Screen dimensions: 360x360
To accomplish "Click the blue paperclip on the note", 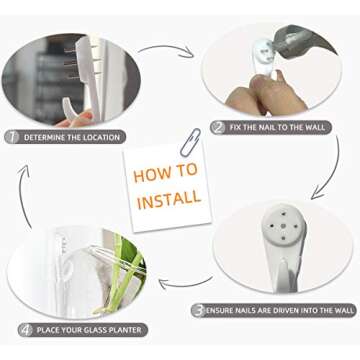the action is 190,142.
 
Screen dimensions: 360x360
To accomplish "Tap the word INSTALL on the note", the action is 169,200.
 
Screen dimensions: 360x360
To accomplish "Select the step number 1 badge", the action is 12,137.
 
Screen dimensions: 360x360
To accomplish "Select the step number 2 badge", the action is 219,128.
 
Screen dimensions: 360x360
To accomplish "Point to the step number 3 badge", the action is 199,311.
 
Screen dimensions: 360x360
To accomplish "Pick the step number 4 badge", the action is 26,330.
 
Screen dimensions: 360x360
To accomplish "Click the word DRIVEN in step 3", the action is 283,311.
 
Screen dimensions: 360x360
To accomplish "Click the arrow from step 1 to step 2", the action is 168,47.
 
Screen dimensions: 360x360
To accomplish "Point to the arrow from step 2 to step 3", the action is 333,170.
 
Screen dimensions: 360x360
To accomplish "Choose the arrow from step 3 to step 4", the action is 187,284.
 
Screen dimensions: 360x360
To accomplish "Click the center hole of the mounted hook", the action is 283,226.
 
